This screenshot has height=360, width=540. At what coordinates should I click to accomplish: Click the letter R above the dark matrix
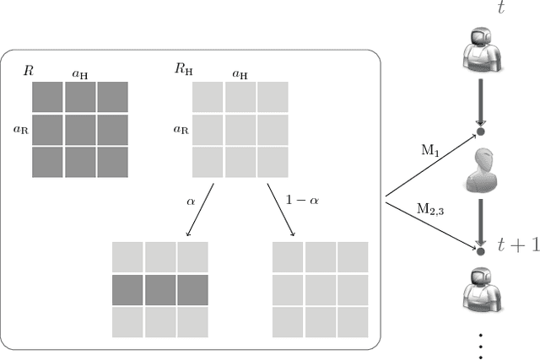(28, 68)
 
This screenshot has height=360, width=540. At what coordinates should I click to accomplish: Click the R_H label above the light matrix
(183, 68)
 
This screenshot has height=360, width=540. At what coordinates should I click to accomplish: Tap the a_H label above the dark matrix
(81, 74)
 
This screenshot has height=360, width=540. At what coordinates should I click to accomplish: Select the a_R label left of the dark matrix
(21, 130)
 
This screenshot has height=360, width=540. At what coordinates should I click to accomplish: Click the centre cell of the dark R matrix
(80, 130)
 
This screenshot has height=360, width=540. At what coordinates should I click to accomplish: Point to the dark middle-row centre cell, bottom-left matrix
(160, 289)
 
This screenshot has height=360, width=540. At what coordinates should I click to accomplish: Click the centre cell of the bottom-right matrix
(321, 289)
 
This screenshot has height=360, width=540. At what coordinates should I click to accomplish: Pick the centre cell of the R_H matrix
(240, 130)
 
